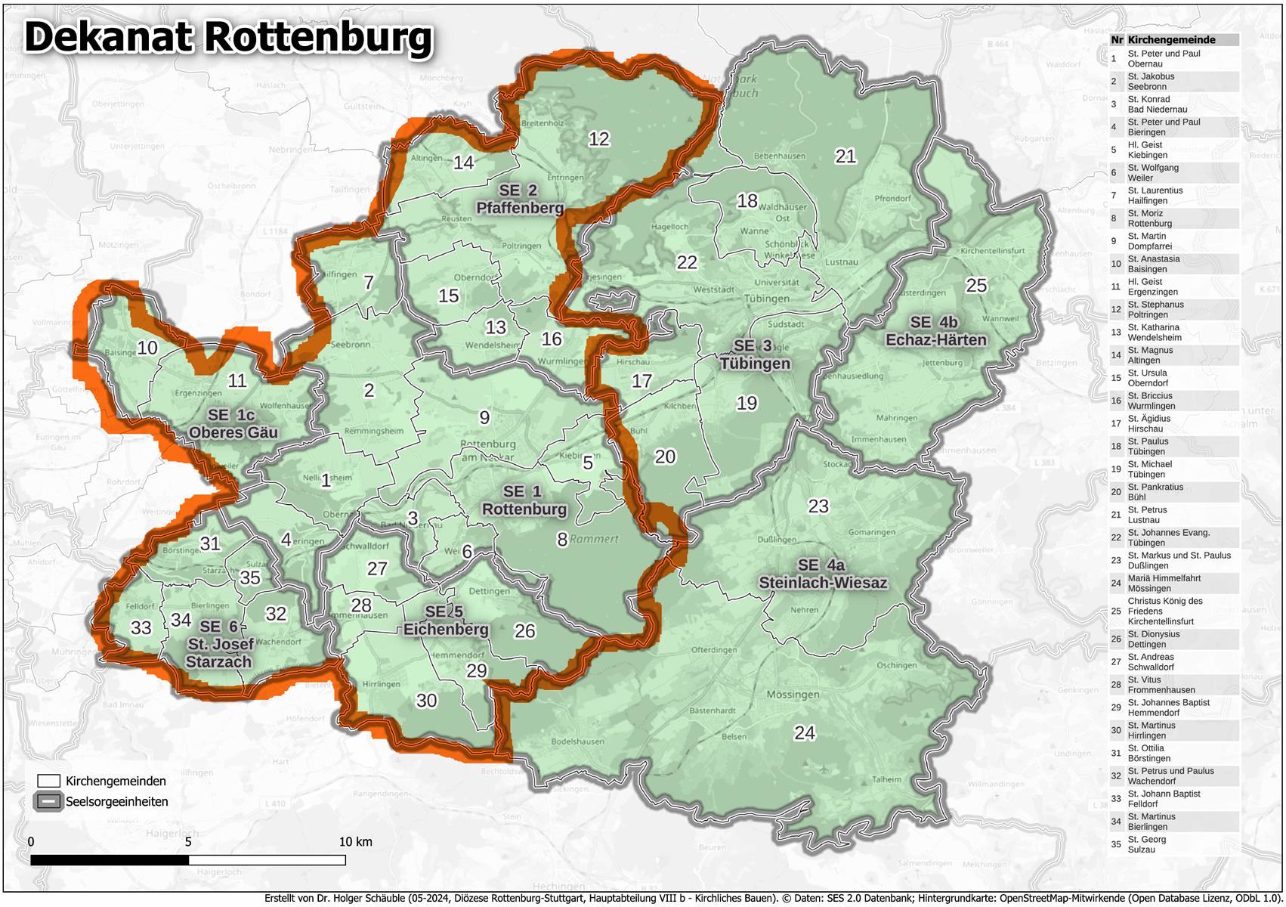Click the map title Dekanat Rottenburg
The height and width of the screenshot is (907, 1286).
(228, 38)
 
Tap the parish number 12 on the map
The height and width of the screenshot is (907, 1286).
(598, 139)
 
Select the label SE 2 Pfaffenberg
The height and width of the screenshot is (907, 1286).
(519, 199)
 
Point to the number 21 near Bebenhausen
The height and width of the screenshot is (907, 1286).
(845, 156)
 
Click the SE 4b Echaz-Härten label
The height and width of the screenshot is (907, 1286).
(935, 331)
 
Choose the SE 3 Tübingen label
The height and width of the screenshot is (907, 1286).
(754, 354)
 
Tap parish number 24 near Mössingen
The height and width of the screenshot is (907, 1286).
(805, 732)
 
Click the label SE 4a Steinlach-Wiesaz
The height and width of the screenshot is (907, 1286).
(822, 574)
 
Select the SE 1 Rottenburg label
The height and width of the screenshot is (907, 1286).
(524, 500)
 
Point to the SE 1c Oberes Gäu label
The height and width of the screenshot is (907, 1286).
(233, 423)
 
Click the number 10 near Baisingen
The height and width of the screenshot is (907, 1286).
(147, 348)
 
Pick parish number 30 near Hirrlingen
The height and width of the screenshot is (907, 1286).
(426, 701)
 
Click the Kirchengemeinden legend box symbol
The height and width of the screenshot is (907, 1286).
(48, 781)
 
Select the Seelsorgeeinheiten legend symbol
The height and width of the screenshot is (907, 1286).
(48, 801)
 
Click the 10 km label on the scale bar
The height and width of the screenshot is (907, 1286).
(354, 841)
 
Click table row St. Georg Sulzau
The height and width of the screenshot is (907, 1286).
(1146, 844)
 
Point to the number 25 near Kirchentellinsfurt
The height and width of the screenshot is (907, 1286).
(976, 286)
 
